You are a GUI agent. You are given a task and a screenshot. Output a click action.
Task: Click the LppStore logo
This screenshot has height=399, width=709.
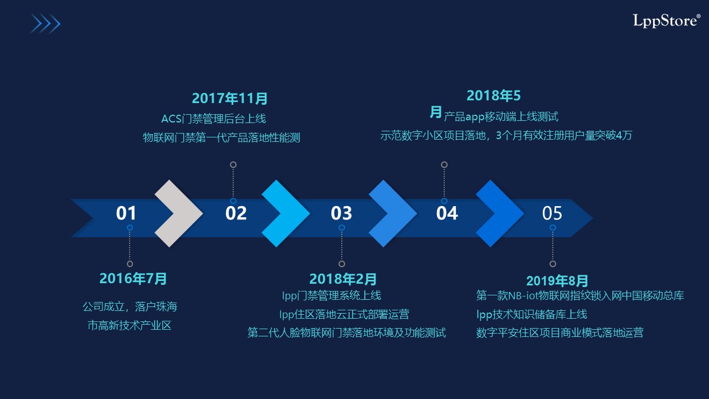(666, 21)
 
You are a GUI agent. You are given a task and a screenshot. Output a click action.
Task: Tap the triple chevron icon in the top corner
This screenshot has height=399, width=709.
(45, 24)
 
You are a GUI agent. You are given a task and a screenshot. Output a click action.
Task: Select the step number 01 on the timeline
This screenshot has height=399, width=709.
(126, 213)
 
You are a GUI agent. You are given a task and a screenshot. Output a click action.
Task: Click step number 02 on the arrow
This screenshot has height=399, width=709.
(236, 213)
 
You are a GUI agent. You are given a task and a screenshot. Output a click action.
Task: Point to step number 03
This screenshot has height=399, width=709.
(342, 213)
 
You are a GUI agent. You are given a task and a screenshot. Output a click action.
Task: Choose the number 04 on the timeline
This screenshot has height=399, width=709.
(447, 213)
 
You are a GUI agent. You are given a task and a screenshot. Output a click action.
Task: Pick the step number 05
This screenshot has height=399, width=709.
(552, 213)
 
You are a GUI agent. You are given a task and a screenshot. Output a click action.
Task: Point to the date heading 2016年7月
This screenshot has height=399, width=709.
(133, 279)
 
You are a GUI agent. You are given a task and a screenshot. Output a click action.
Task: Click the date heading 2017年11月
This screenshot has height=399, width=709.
(230, 98)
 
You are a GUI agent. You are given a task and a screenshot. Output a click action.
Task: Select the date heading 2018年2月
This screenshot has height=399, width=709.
(343, 279)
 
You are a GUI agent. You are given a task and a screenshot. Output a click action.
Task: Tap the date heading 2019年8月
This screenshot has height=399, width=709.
(557, 281)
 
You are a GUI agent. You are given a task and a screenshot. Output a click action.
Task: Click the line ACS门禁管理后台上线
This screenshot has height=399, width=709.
(214, 119)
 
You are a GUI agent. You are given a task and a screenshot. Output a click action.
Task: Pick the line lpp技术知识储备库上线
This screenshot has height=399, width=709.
(532, 314)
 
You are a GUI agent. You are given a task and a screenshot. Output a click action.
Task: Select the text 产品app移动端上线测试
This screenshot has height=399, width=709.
(501, 117)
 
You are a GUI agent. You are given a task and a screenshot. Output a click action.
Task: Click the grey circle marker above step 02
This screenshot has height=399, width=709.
(233, 165)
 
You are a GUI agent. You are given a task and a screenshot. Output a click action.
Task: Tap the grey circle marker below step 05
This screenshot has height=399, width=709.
(553, 264)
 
